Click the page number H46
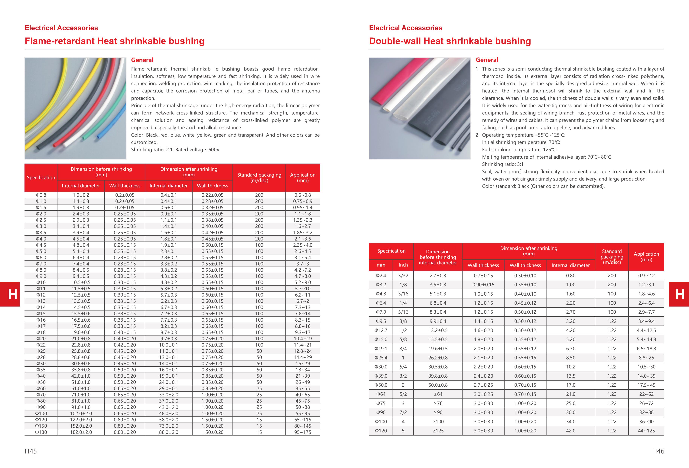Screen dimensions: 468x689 click(x=658, y=451)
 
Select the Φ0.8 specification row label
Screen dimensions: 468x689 click(x=41, y=195)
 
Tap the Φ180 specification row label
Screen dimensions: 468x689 click(x=41, y=432)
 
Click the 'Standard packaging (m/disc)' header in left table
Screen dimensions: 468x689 click(x=259, y=178)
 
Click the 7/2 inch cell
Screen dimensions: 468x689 click(x=403, y=412)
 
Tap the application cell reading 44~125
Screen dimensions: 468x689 click(x=646, y=431)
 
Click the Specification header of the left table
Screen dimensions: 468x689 click(x=41, y=178)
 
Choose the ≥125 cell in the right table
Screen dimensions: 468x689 click(x=438, y=431)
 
